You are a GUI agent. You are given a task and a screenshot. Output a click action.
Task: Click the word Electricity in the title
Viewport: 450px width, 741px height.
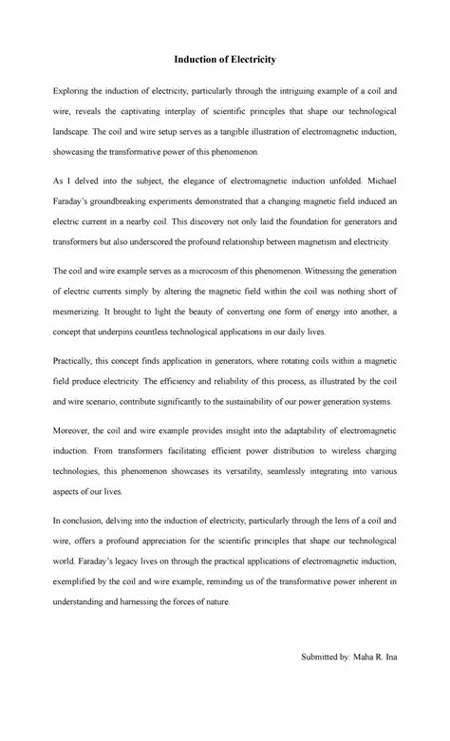pyautogui.click(x=248, y=60)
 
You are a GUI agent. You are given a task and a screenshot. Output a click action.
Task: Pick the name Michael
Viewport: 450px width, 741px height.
pyautogui.click(x=378, y=178)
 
